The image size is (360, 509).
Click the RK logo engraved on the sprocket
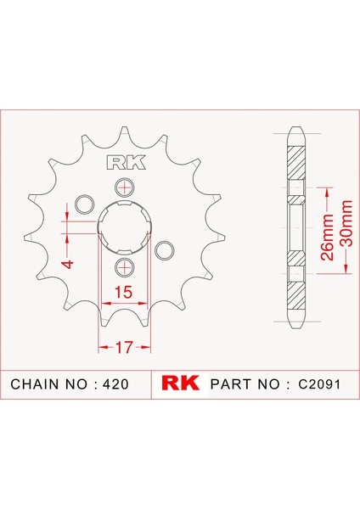[127, 163]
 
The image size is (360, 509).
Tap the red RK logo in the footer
[180, 383]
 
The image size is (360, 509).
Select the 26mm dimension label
[327, 237]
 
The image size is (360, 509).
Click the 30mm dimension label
[346, 224]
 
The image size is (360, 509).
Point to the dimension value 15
[123, 292]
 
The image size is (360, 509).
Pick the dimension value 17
[125, 347]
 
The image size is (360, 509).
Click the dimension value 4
[69, 264]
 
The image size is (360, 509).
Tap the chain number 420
[115, 384]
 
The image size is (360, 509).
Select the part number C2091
[319, 384]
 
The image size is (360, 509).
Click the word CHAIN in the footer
[35, 384]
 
